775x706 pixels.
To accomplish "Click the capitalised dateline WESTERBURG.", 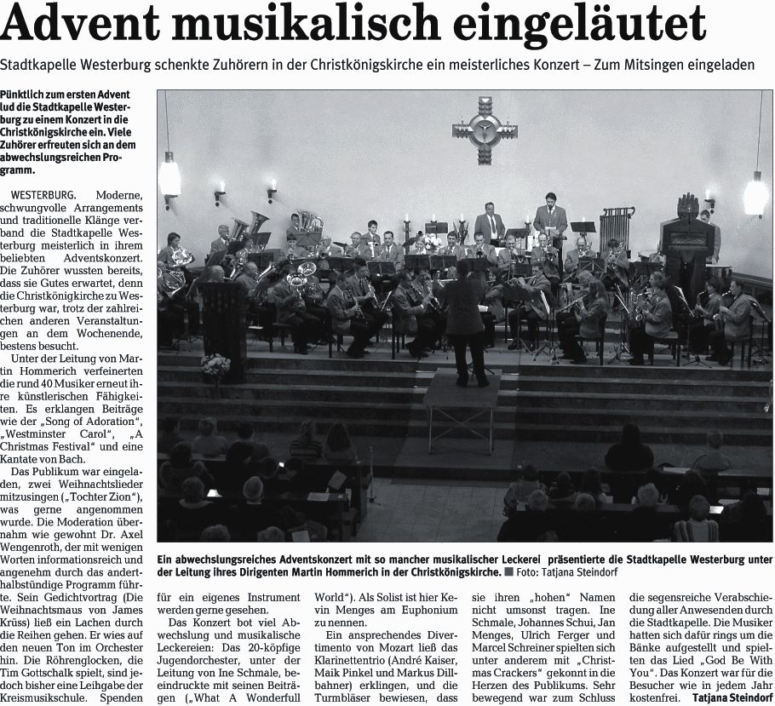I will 43,194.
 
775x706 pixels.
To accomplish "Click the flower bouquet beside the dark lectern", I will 215,367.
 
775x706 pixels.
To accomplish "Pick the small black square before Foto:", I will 508,572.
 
